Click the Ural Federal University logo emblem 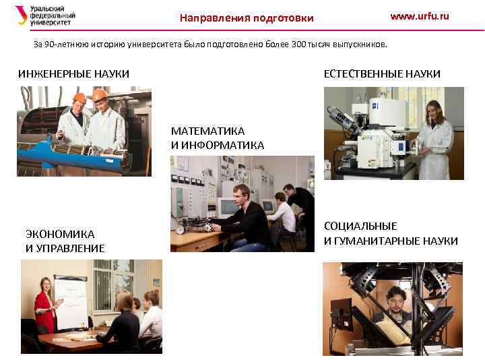21,15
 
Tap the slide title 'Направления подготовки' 247,18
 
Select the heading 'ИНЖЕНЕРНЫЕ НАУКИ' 73,73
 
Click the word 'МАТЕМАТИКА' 207,131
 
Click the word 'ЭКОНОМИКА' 60,234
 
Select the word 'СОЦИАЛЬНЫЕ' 360,226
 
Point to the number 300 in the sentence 299,44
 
